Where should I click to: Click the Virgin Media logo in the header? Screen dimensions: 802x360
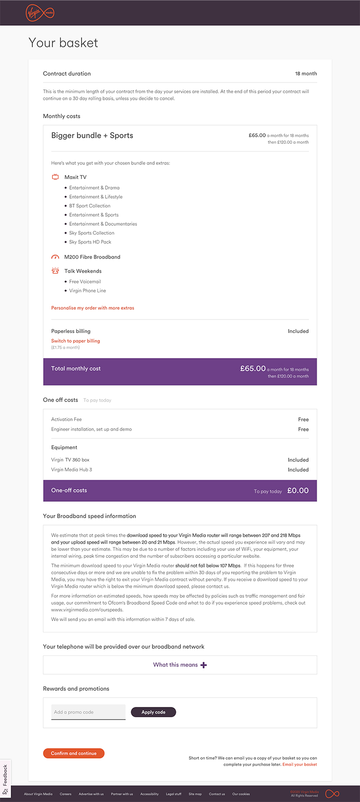40,13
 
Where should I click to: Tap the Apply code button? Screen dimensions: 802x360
153,712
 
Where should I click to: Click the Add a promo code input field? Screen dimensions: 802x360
88,712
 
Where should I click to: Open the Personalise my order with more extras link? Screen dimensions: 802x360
92,308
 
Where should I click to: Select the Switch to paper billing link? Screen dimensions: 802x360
75,341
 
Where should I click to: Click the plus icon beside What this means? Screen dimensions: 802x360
203,665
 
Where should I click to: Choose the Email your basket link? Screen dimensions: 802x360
300,765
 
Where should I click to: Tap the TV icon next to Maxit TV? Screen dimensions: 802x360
55,177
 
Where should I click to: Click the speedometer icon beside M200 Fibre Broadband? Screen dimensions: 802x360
55,257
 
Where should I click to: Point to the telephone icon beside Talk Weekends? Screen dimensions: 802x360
55,271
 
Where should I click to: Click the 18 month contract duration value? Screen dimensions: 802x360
306,74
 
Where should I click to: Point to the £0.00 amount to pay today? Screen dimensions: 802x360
298,490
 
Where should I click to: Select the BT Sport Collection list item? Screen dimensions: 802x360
90,206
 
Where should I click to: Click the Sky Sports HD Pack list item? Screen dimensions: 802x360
90,242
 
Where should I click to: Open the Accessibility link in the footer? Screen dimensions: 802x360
149,794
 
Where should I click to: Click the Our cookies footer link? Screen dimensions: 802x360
241,794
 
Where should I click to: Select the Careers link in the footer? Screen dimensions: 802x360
66,794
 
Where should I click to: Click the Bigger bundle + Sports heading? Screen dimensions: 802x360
92,135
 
